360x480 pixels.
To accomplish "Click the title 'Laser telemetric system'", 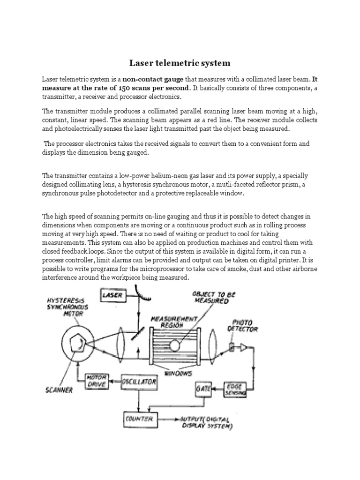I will click(180, 62).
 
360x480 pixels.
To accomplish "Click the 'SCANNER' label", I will click(59, 390).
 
